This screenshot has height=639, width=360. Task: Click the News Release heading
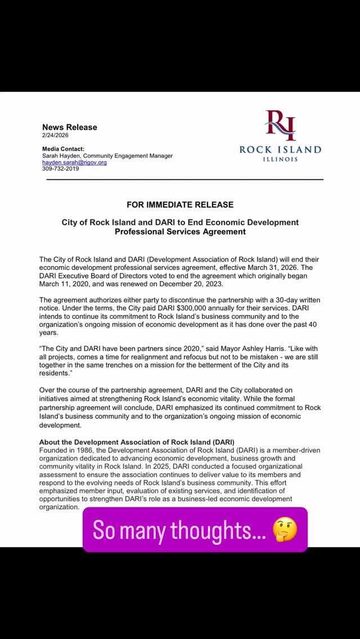coord(70,128)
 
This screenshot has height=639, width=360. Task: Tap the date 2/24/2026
coord(55,136)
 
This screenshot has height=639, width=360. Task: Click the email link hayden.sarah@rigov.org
coord(74,163)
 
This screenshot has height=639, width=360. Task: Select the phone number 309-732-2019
coord(60,169)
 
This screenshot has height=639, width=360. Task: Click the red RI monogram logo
coord(280,125)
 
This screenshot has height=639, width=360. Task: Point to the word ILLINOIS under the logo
coord(280,159)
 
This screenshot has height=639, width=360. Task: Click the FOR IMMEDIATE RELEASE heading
coord(180,205)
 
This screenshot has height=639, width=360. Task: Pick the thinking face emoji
coord(284,529)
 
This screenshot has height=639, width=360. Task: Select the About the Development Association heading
coord(137,442)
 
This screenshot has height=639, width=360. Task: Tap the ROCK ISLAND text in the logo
coord(280,149)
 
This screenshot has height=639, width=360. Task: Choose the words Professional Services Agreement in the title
coord(180,231)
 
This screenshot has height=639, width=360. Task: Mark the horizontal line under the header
coord(184,179)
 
